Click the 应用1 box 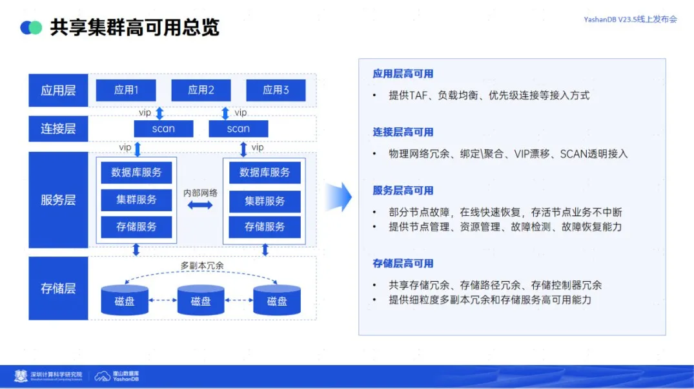126,90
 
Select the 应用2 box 201,90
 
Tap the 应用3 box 276,90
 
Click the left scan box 163,129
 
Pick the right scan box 238,129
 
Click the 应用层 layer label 58,90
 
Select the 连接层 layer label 58,129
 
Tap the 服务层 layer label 58,200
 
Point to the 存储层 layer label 58,288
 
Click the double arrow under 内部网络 200,205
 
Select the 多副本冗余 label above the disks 202,266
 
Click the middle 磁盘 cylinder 201,301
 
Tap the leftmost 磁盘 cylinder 125,301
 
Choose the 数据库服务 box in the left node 136,173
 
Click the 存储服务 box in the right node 265,227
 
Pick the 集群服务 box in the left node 136,200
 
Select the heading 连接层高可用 403,132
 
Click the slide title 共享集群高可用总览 134,27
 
